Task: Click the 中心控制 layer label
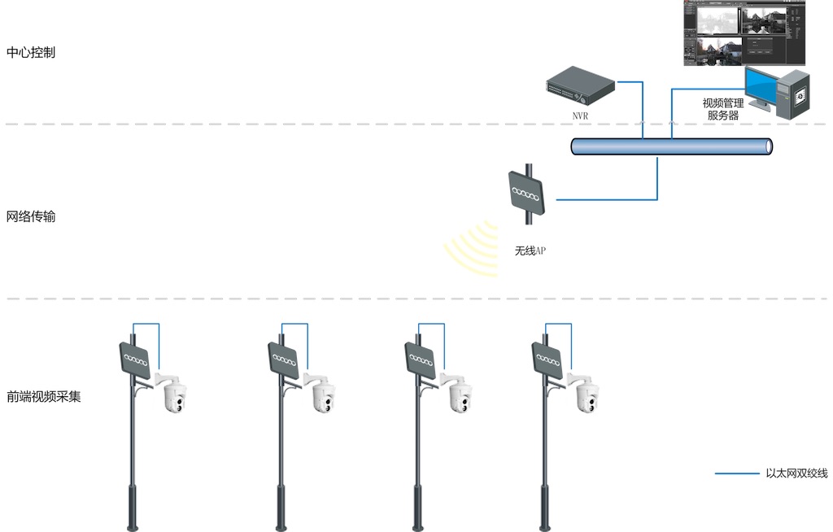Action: click(x=31, y=54)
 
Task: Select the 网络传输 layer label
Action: click(x=31, y=217)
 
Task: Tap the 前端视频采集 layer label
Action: click(x=43, y=397)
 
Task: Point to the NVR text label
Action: click(x=580, y=116)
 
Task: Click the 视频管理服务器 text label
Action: click(x=723, y=109)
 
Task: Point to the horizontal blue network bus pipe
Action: click(x=672, y=146)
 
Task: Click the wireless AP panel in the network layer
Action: click(x=527, y=195)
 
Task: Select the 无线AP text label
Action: click(x=530, y=251)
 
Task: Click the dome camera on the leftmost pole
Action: click(x=175, y=397)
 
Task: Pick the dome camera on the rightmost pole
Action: click(x=588, y=396)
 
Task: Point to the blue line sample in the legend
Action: click(x=736, y=473)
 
